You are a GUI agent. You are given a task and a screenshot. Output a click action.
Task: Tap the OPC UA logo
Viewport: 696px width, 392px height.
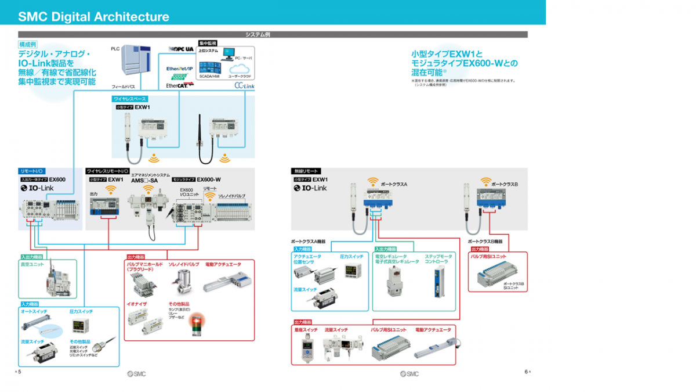(181, 48)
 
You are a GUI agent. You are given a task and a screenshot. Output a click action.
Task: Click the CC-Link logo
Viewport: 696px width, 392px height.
(244, 85)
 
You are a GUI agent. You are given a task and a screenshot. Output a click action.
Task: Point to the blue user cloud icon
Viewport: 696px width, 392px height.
(238, 69)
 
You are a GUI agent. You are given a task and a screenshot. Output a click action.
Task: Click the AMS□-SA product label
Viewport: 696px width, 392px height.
(144, 180)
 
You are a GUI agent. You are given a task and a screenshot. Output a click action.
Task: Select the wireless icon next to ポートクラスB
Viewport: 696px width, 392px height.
(485, 182)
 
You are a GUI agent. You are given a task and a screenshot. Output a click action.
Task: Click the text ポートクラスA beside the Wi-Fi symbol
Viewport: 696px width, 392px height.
(394, 184)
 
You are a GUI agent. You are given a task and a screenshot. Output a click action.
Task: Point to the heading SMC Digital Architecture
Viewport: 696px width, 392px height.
(93, 17)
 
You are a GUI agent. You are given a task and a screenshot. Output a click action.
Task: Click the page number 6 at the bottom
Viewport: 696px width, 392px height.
(525, 372)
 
